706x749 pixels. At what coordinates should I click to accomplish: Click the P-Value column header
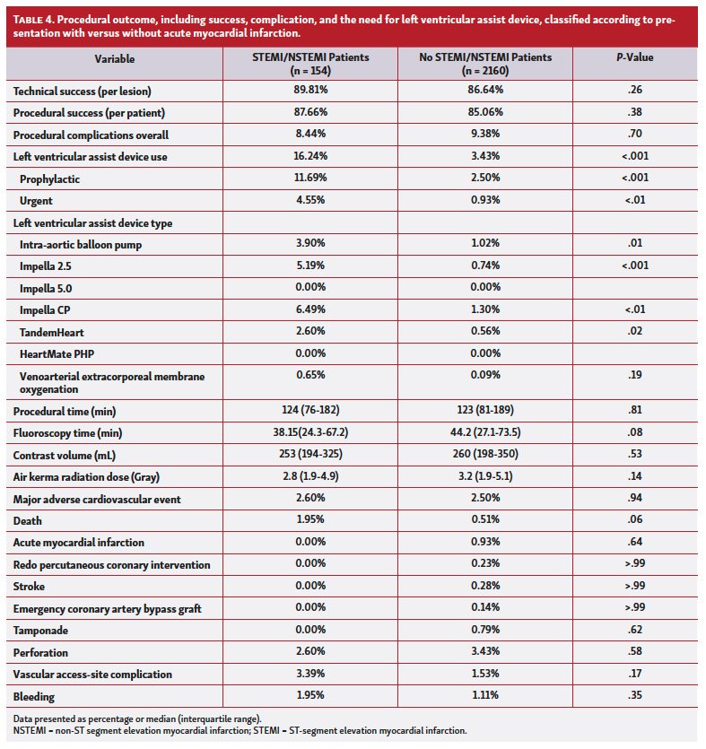634,58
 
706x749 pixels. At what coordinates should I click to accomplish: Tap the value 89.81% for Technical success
318,90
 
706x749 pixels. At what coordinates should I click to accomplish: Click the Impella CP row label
50,310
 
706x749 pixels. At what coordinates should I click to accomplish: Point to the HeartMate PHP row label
57,354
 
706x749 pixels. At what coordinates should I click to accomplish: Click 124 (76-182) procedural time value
318,410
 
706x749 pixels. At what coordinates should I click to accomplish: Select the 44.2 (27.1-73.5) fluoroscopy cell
485,432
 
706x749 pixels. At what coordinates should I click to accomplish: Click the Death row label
28,520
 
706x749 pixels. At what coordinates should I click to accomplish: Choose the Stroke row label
30,587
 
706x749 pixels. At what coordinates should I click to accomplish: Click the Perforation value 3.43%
485,652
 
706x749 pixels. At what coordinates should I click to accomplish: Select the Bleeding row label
34,696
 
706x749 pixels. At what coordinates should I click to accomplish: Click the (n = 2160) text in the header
485,68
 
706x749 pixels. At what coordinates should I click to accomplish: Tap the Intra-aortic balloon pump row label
80,244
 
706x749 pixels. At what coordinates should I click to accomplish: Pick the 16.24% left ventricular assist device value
318,156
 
